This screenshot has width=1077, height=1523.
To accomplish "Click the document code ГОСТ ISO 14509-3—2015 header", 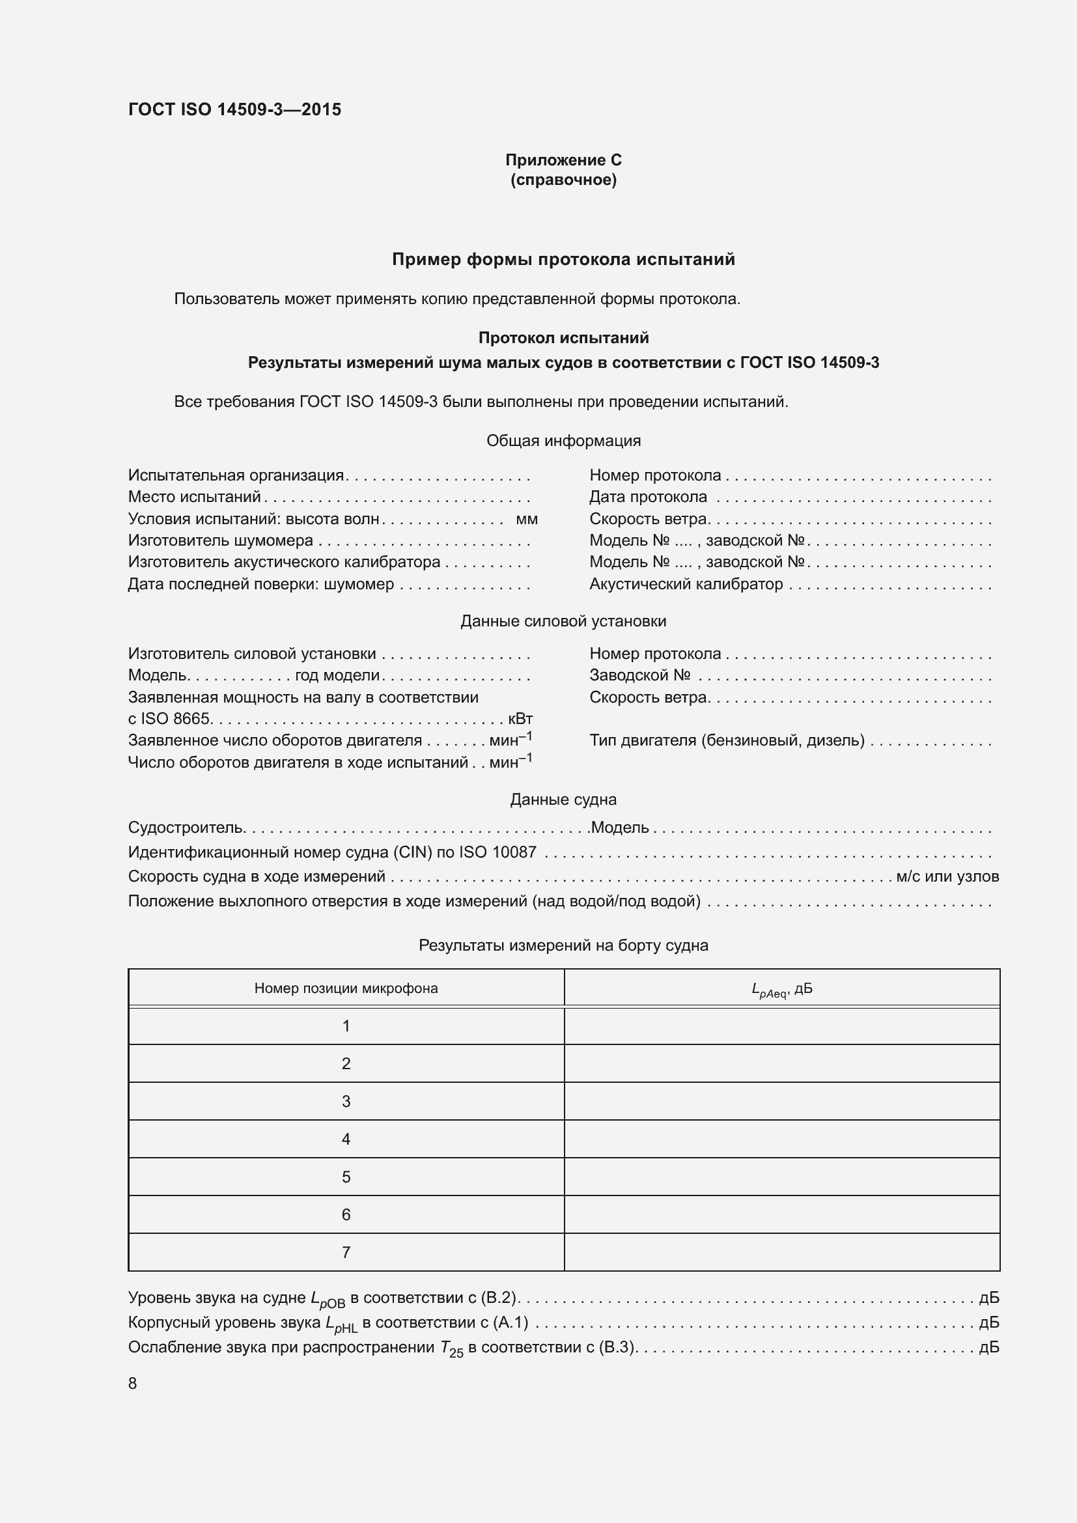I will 234,109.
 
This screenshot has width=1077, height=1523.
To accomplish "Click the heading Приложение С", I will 563,160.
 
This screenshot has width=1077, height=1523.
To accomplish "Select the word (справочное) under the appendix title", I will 563,180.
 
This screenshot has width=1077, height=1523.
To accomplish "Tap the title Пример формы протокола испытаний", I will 563,259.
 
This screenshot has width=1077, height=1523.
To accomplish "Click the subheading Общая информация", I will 563,440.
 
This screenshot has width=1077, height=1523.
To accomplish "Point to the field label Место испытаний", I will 194,497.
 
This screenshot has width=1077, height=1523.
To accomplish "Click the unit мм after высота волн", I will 527,519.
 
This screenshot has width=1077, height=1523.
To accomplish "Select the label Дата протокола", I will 648,497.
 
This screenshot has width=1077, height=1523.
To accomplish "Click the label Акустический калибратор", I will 686,583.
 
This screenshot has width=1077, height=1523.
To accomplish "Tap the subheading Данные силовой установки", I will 563,621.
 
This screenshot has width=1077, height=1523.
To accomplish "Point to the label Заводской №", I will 640,675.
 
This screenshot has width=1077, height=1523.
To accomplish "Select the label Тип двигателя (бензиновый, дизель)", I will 727,740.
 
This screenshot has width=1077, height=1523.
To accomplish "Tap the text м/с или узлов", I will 947,876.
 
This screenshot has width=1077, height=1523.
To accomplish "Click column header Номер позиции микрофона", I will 346,988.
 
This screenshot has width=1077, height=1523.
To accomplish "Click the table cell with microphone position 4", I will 346,1139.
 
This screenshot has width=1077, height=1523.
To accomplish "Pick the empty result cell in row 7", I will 781,1252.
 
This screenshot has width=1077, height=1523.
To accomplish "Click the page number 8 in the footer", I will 133,1383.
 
